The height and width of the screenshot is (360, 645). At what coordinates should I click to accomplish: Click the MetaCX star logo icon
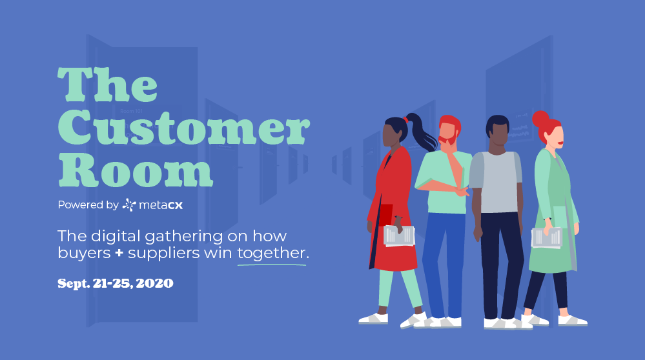[x=129, y=205]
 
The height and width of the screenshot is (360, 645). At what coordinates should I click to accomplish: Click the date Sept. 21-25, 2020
[x=115, y=283]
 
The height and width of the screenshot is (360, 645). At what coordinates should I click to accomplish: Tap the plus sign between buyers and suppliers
[x=119, y=254]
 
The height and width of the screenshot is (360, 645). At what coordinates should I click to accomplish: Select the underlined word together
[x=271, y=254]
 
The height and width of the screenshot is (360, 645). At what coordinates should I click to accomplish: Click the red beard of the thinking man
[x=447, y=139]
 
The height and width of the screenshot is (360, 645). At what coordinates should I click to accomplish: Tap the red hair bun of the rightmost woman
[x=540, y=119]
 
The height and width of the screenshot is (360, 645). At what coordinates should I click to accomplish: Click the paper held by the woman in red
[x=399, y=235]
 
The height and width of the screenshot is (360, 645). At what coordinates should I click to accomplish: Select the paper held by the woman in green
[x=546, y=237]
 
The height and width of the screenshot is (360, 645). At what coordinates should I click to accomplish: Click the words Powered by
[x=88, y=205]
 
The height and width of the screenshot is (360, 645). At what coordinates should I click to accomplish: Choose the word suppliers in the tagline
[x=165, y=254]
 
